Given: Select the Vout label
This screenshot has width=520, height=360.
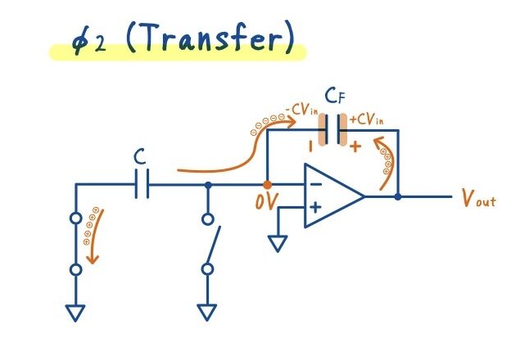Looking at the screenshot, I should pyautogui.click(x=477, y=197).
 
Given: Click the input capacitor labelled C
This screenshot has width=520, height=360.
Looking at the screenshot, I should pyautogui.click(x=141, y=185).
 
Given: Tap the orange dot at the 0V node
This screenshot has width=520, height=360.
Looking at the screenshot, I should pyautogui.click(x=267, y=185).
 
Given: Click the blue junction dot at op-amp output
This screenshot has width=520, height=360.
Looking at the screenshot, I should pyautogui.click(x=398, y=196).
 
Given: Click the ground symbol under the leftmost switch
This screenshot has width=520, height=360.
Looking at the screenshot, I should pyautogui.click(x=76, y=311).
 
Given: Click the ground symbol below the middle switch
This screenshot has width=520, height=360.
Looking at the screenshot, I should pyautogui.click(x=207, y=311).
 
